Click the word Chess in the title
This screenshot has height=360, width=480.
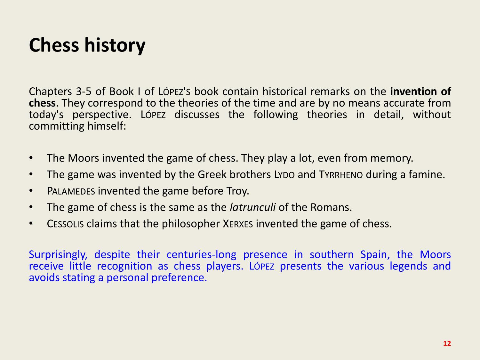click(x=54, y=45)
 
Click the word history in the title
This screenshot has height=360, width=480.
click(x=115, y=45)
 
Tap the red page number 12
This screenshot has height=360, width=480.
click(x=447, y=344)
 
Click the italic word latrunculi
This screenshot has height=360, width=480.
click(x=252, y=207)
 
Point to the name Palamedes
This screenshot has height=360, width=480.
click(x=71, y=191)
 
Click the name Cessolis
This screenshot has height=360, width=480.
click(x=65, y=224)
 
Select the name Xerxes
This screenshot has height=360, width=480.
click(x=238, y=224)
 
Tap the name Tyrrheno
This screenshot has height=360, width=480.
click(x=341, y=175)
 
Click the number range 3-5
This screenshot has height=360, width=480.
click(x=84, y=92)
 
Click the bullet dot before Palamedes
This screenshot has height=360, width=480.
click(x=31, y=191)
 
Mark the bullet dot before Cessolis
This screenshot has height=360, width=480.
click(x=31, y=223)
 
